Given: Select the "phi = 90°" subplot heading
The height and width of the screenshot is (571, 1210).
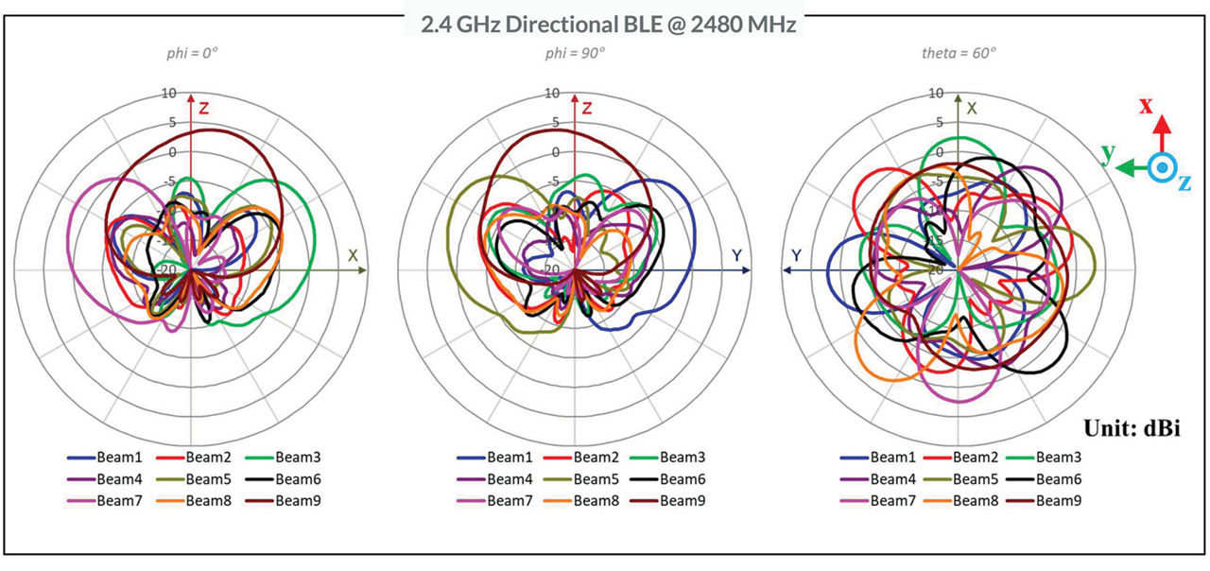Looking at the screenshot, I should pos(576,54).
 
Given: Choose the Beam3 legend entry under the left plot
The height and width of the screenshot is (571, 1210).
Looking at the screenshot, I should pos(277,458).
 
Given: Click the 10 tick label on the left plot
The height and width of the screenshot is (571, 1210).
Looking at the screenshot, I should pos(168,93).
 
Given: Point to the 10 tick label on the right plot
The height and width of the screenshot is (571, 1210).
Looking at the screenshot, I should pos(936,93).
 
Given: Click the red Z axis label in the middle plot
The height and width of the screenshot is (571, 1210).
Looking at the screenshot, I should pos(587,109).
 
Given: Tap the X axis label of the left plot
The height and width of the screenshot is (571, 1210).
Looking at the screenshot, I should pos(353,256).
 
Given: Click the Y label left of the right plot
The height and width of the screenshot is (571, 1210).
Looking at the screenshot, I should pos(797,256).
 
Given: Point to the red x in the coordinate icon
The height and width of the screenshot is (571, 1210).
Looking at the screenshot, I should pos(1146,105).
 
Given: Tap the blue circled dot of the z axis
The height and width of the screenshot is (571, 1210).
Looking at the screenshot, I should pos(1162,166).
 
